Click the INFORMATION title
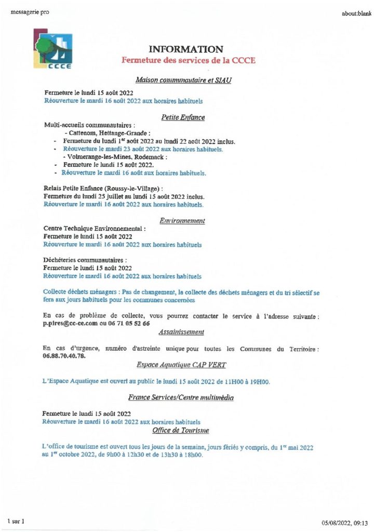185,49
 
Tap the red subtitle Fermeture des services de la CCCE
188,60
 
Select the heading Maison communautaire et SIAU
183,81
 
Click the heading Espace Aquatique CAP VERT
181,365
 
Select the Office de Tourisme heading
180,431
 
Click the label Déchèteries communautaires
85,260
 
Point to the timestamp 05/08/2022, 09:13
344,523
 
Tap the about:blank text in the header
355,13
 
